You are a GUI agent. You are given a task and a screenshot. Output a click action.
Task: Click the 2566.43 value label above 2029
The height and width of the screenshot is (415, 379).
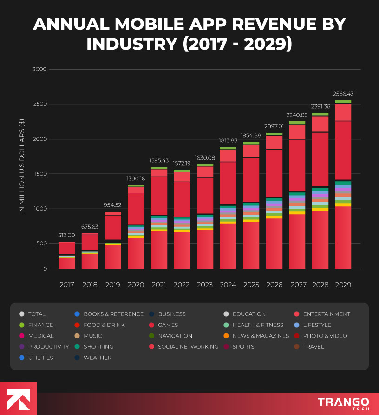[x=343, y=94]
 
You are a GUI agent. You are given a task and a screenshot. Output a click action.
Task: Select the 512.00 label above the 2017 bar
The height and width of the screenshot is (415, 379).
[x=67, y=235]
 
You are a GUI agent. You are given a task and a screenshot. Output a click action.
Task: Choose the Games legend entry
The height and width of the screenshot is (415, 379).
[x=168, y=325]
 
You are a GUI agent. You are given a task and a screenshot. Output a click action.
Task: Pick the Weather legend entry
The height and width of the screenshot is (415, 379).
[x=98, y=358]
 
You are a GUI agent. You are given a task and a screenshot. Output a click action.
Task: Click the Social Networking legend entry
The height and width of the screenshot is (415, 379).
[x=188, y=346]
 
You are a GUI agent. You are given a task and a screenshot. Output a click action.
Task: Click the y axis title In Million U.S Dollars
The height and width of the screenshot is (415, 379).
[x=21, y=166]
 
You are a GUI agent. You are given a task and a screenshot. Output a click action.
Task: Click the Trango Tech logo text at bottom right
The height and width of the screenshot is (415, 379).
[x=343, y=402]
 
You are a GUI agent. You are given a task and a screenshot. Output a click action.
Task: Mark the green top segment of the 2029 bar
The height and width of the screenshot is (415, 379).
[x=343, y=102]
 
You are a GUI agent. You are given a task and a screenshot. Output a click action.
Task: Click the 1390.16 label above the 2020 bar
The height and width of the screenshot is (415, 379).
[x=136, y=179]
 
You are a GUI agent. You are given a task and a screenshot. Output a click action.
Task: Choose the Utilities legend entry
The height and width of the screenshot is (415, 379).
[x=40, y=358]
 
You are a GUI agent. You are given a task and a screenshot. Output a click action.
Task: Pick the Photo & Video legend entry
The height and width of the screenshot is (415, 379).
[x=325, y=336]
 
